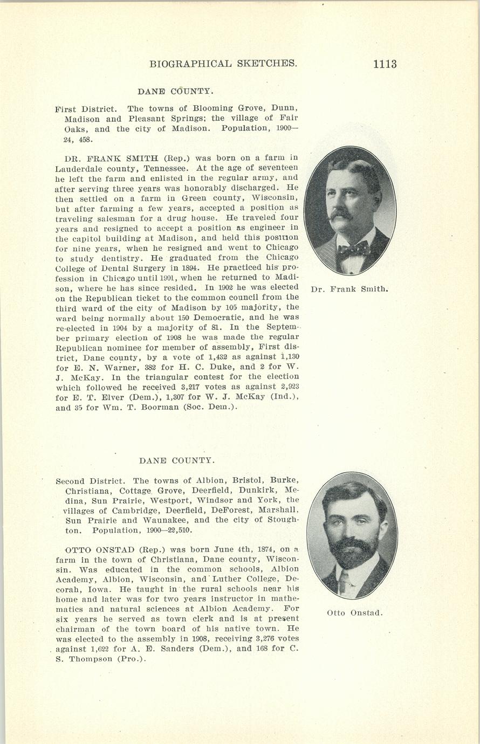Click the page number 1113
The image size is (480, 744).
[384, 64]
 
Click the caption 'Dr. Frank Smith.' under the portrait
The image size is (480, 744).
[350, 289]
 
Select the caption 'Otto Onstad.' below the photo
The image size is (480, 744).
[354, 613]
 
